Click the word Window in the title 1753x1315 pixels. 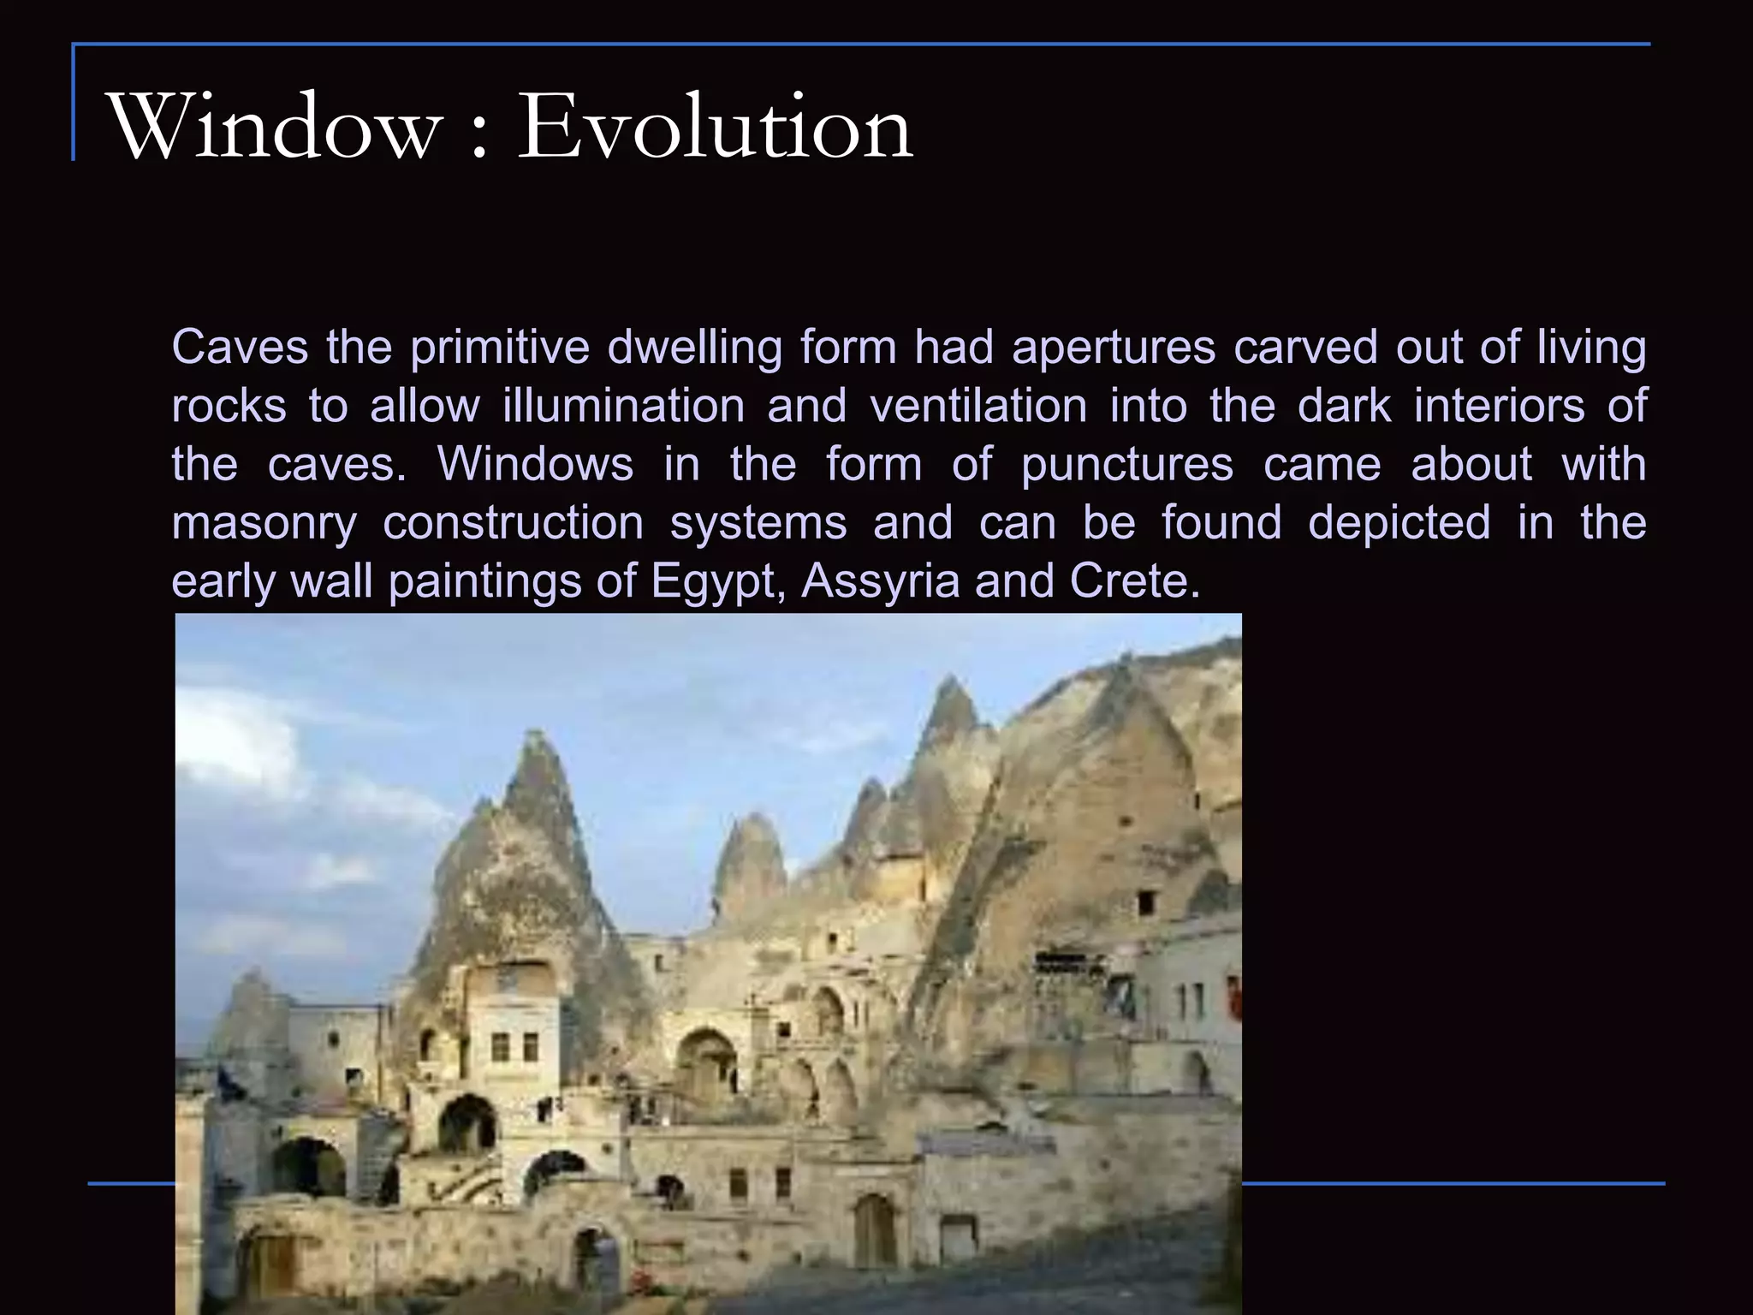pos(271,127)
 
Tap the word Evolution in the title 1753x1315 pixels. pos(716,127)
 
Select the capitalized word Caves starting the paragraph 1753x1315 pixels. pos(240,348)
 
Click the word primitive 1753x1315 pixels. pos(499,348)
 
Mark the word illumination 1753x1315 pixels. pos(623,406)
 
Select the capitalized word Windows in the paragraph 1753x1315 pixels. pos(535,464)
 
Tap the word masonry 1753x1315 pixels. pos(264,524)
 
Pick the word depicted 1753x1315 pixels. pos(1399,522)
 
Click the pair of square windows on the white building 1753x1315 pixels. pos(514,1046)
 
